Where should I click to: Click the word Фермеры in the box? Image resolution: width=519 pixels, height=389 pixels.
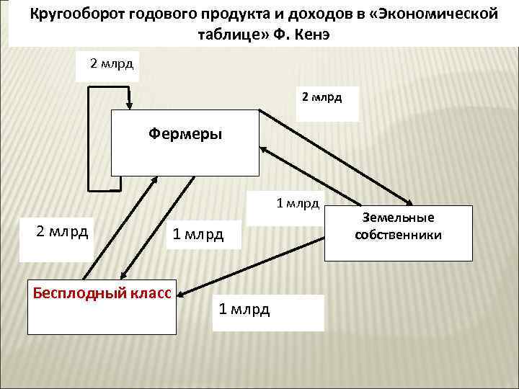pos(185,133)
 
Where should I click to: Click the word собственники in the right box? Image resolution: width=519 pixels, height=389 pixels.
pos(399,235)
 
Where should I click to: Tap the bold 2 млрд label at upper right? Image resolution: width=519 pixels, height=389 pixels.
pos(321,95)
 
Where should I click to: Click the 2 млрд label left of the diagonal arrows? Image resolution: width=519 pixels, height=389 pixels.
pos(63,231)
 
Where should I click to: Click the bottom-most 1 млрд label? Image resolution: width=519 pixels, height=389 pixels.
pos(244,309)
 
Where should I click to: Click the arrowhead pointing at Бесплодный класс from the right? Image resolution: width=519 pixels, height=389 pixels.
pos(182,293)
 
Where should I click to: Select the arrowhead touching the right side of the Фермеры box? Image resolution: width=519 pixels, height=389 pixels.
pos(263,149)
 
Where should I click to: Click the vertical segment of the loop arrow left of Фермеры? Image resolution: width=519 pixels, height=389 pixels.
pos(88,137)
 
